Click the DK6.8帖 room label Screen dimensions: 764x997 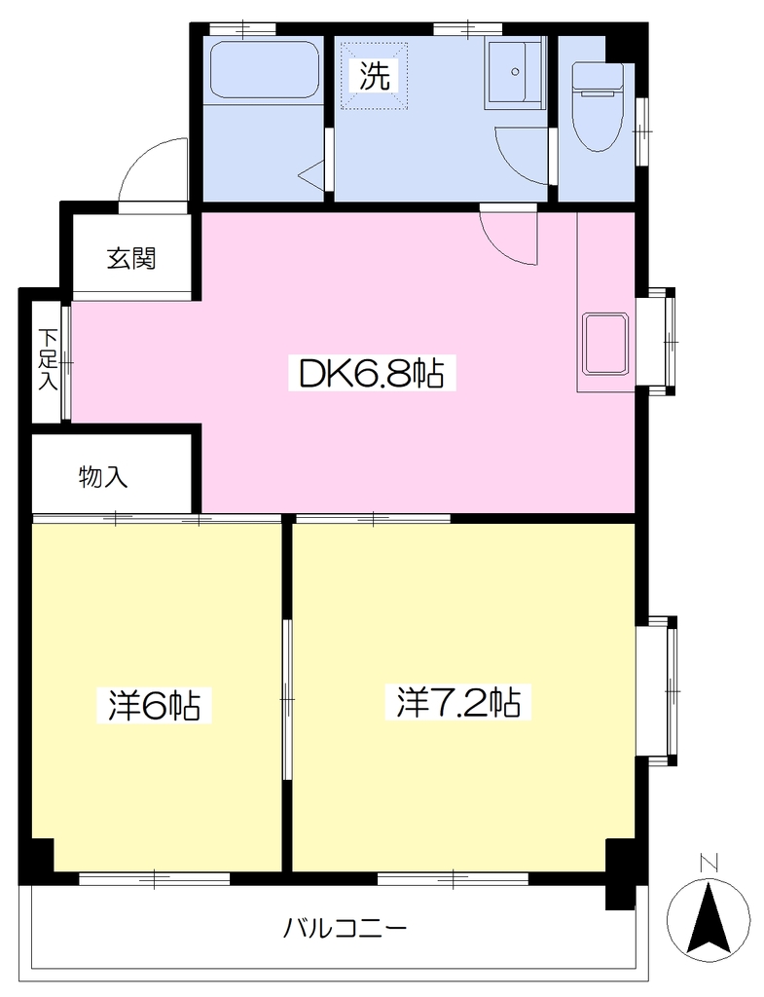(x=373, y=373)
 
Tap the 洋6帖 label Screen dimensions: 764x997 (x=154, y=705)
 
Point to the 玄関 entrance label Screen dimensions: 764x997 (x=131, y=258)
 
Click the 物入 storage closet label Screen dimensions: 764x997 (x=103, y=476)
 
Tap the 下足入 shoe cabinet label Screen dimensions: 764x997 (x=49, y=359)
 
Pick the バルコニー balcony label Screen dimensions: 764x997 (x=345, y=928)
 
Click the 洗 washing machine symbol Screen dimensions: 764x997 (x=375, y=76)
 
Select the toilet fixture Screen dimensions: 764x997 (x=598, y=106)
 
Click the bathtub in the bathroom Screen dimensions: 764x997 (x=263, y=70)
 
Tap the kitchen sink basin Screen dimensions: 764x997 (x=605, y=344)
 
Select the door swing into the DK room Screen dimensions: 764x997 (x=508, y=238)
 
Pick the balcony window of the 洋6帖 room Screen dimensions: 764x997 (x=155, y=879)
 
